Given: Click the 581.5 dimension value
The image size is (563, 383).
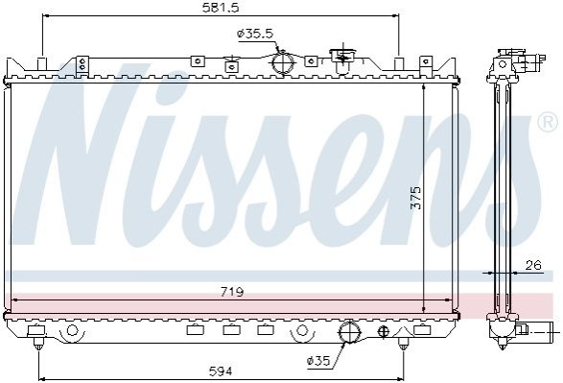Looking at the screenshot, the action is pyautogui.click(x=221, y=8).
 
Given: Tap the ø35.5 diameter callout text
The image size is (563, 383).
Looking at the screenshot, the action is pyautogui.click(x=255, y=35).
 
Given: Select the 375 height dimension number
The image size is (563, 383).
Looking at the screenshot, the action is pyautogui.click(x=416, y=198).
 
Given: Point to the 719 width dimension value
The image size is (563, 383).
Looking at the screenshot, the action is pyautogui.click(x=232, y=292).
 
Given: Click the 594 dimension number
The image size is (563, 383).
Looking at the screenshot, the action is pyautogui.click(x=221, y=371).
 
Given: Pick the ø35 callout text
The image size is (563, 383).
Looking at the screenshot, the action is pyautogui.click(x=318, y=360).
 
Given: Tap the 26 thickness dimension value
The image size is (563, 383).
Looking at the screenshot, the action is pyautogui.click(x=533, y=266).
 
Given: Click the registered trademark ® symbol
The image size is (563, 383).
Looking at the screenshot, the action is pyautogui.click(x=548, y=122).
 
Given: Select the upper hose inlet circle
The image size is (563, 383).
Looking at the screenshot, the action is pyautogui.click(x=283, y=63).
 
